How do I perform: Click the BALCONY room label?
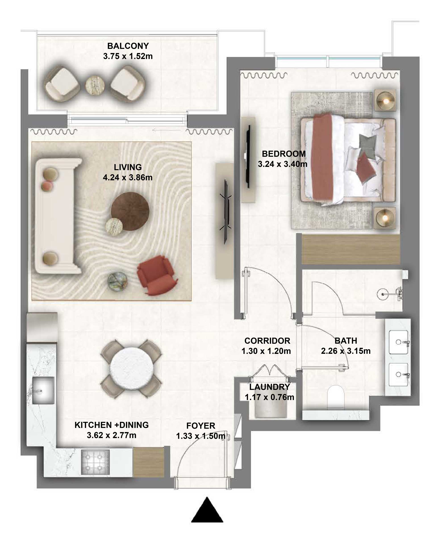pyautogui.click(x=128, y=46)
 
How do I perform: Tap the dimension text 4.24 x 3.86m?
pyautogui.click(x=127, y=177)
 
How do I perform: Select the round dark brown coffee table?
pyautogui.click(x=130, y=211)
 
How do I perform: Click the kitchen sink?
pyautogui.click(x=43, y=390)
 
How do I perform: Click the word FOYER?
pyautogui.click(x=201, y=426)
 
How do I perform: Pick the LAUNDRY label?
pyautogui.click(x=269, y=387)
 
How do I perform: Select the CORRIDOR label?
pyautogui.click(x=267, y=341)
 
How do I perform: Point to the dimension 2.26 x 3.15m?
pyautogui.click(x=346, y=351)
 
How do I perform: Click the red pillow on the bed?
pyautogui.click(x=366, y=166)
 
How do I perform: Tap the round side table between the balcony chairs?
pyautogui.click(x=95, y=85)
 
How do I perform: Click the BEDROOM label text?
pyautogui.click(x=284, y=154)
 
